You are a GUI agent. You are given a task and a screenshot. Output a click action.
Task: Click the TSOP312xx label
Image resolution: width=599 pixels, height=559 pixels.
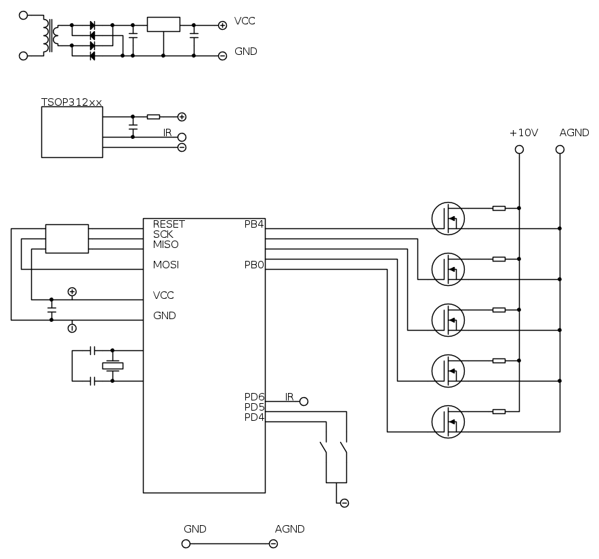(71, 102)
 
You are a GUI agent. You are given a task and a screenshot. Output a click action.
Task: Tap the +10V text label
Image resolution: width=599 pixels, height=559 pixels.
(524, 133)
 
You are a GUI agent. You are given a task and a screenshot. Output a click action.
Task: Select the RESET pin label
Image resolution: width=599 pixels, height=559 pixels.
(169, 224)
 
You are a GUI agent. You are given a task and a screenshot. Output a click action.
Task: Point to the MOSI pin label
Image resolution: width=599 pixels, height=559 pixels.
(166, 265)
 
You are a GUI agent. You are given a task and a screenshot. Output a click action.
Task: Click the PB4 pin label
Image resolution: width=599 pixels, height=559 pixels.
(254, 224)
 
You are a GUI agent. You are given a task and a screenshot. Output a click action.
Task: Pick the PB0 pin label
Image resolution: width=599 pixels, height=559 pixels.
(254, 265)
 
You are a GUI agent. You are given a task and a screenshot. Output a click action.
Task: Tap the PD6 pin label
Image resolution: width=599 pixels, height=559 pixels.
(254, 396)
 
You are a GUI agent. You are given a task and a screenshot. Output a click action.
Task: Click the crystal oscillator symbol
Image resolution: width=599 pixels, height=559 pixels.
(112, 366)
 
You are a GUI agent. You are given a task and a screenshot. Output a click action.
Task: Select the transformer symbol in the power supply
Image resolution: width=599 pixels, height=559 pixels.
(50, 35)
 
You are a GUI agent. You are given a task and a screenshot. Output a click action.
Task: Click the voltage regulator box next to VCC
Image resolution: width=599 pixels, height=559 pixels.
(163, 24)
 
